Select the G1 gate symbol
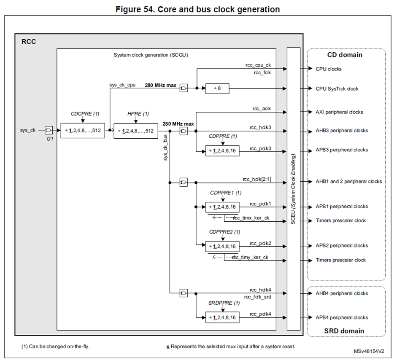[49, 130]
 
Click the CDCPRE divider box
[82, 131]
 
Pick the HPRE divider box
[135, 131]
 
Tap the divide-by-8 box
[217, 89]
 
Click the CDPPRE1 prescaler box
[222, 207]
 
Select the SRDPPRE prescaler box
[222, 317]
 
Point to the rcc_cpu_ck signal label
[258, 65]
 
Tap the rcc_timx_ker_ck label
[251, 218]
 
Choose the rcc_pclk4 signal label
[260, 314]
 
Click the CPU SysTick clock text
[337, 89]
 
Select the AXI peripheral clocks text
[339, 112]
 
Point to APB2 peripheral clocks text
[342, 245]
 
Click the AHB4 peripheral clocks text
[342, 293]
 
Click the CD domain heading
[345, 55]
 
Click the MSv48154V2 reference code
[368, 351]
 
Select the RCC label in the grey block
[28, 41]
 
